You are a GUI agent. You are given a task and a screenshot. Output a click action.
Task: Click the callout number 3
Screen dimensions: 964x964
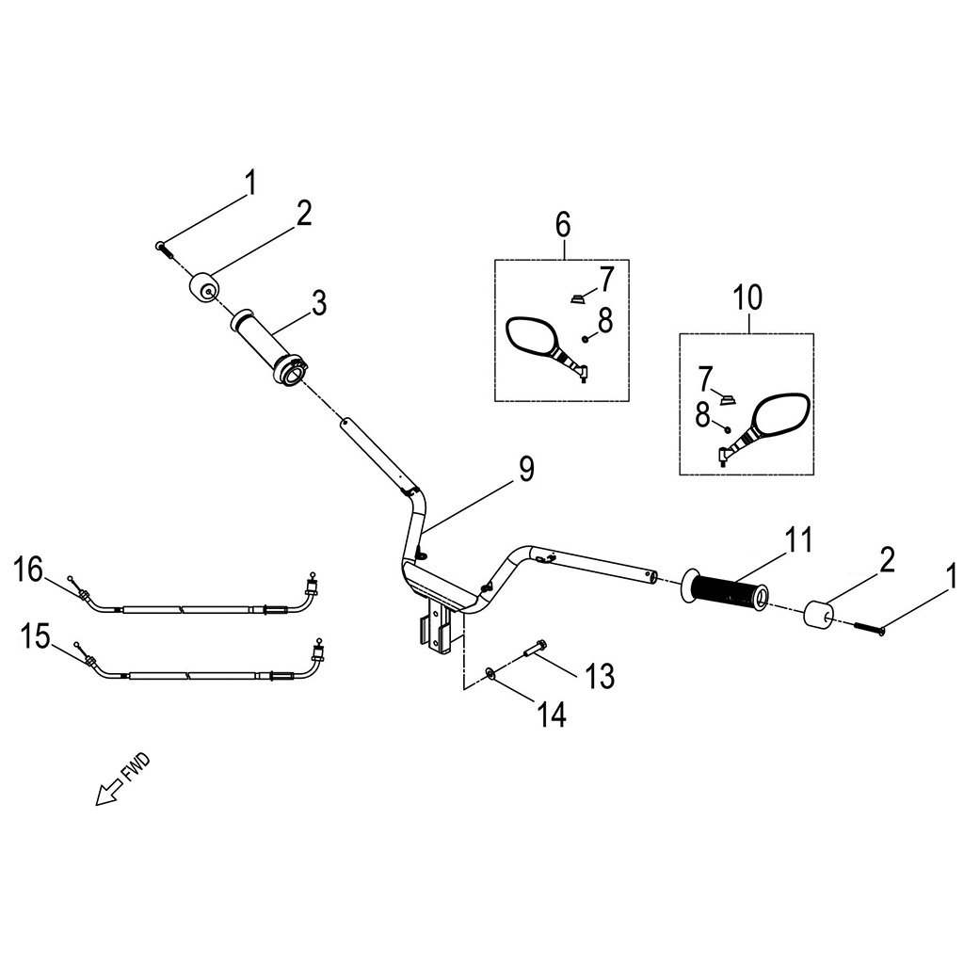pyautogui.click(x=319, y=303)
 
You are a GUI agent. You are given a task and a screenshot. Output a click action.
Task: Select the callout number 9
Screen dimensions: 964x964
pyautogui.click(x=526, y=470)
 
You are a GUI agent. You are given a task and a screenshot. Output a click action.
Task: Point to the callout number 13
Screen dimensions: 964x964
pyautogui.click(x=600, y=676)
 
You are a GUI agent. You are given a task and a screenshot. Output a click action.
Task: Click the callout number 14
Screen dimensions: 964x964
pyautogui.click(x=552, y=715)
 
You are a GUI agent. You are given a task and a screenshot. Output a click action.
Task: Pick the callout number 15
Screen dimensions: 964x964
pyautogui.click(x=35, y=636)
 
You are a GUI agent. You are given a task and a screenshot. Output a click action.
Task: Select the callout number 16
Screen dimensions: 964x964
pyautogui.click(x=29, y=570)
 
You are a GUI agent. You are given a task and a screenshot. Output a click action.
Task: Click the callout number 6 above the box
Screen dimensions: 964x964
pyautogui.click(x=563, y=225)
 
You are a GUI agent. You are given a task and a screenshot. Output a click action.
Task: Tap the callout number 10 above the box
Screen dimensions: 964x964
pyautogui.click(x=747, y=297)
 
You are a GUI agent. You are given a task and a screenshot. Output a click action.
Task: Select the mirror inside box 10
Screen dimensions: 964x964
pyautogui.click(x=764, y=429)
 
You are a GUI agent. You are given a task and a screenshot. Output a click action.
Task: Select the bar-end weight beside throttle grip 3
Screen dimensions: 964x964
pyautogui.click(x=203, y=288)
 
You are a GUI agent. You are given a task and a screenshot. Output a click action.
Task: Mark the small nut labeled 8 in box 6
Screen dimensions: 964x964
pyautogui.click(x=586, y=339)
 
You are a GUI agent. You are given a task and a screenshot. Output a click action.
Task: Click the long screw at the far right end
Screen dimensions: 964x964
pyautogui.click(x=869, y=628)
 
